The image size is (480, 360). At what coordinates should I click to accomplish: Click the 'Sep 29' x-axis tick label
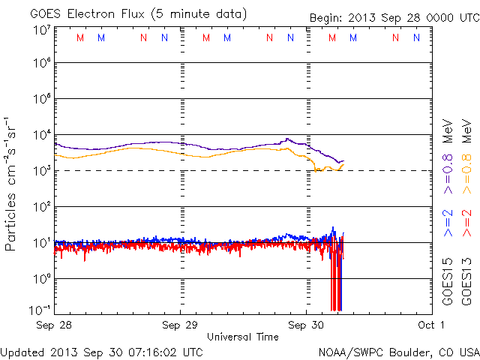coord(180,325)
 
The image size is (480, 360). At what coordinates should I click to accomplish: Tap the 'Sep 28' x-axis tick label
coord(54,325)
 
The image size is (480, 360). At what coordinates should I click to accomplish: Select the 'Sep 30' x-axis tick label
coord(306,325)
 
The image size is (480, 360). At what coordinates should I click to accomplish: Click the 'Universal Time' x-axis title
coord(243,337)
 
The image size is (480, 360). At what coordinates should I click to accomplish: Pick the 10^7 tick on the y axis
coord(41,29)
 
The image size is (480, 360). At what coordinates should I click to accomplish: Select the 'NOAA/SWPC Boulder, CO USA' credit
coord(398,352)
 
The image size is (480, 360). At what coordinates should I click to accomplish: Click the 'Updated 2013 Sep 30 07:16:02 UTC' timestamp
coord(102,352)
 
